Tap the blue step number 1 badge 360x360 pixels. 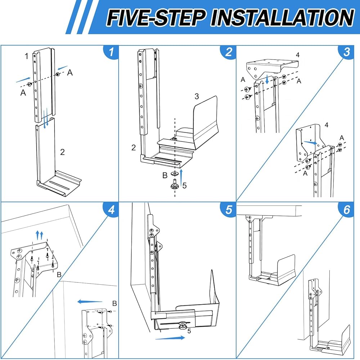[111, 52]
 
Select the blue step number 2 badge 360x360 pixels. [229, 52]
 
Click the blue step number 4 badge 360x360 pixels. [111, 209]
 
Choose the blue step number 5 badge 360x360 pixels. [229, 209]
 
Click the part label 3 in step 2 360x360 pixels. [197, 96]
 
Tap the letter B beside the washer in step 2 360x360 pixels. [165, 175]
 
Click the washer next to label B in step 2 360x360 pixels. [175, 173]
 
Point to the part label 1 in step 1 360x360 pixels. [27, 56]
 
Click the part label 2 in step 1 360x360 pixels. [62, 152]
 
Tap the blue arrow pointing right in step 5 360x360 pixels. [170, 338]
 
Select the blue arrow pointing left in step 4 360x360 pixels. [90, 302]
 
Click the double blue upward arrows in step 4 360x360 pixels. [40, 236]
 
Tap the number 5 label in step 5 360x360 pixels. [189, 331]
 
